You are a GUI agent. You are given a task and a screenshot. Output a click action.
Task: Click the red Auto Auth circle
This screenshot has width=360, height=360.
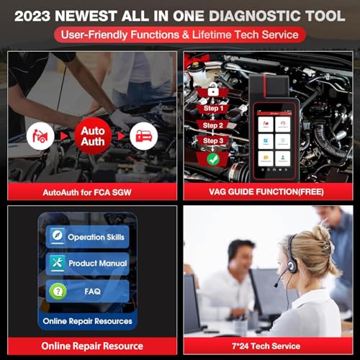pyautogui.click(x=91, y=135)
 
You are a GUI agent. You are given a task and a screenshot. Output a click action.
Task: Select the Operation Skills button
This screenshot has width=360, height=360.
pyautogui.click(x=87, y=236)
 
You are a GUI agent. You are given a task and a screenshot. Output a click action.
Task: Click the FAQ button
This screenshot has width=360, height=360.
pyautogui.click(x=87, y=291)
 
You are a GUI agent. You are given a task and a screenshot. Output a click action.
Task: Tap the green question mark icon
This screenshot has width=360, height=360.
pyautogui.click(x=57, y=291)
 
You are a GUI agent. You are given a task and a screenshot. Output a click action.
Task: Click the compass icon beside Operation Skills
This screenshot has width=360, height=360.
pyautogui.click(x=57, y=236)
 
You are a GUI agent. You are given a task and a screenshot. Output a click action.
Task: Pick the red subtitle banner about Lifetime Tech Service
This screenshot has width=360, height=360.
pyautogui.click(x=180, y=35)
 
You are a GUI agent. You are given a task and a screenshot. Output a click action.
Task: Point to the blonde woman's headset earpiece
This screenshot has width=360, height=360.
pyautogui.click(x=292, y=266)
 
